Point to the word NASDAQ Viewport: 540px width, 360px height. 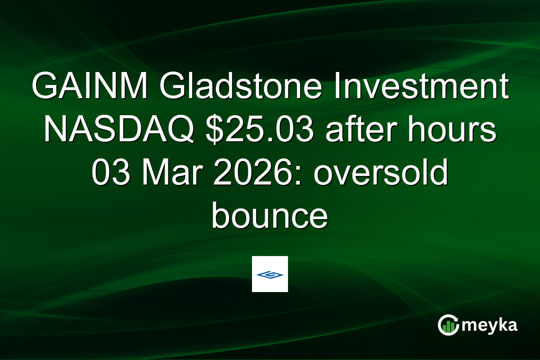tap(119, 131)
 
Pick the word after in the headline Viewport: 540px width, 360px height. tap(352, 131)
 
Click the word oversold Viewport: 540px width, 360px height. tap(380, 174)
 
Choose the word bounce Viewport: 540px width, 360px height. tap(270, 216)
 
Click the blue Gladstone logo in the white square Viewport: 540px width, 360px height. tap(270, 274)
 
